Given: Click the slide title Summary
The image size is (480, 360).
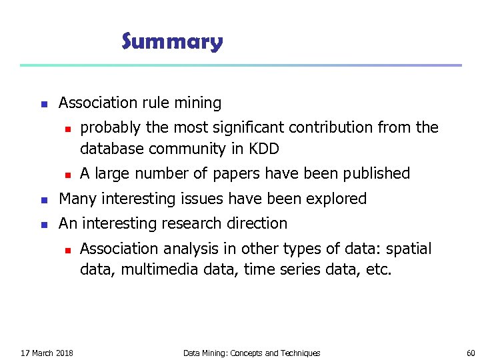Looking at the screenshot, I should tap(172, 42).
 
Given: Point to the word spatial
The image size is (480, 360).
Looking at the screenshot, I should tap(409, 249).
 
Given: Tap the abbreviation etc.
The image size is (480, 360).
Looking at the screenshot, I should tap(379, 271).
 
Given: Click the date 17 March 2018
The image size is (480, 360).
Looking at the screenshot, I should tap(47, 353).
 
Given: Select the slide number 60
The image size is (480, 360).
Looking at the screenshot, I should tap(471, 353).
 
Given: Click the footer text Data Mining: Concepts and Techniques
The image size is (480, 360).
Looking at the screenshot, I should tap(251, 353).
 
